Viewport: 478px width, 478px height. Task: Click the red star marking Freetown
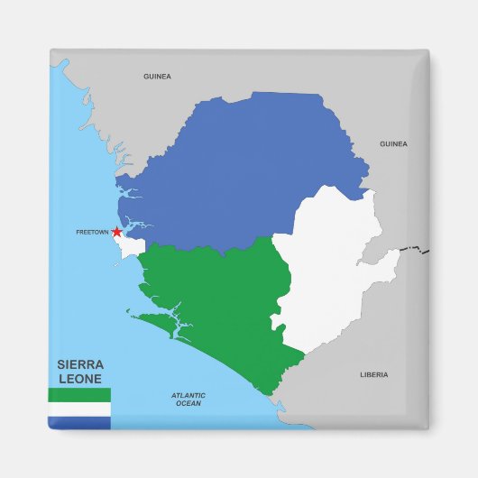[x=116, y=232]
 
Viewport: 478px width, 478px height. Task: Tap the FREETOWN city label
[x=92, y=232]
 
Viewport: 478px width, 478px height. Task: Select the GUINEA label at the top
[x=157, y=77]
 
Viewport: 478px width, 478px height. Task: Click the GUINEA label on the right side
[x=393, y=143]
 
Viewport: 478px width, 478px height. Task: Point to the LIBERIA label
[x=373, y=374]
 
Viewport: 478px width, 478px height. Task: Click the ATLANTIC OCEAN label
[x=188, y=400]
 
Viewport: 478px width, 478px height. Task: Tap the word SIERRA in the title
[x=79, y=365]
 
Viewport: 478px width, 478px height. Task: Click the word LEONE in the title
[x=79, y=380]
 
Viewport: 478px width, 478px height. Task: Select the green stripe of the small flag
[x=79, y=395]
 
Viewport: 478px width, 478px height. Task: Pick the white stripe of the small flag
[x=79, y=409]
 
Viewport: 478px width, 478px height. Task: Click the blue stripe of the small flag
[x=79, y=422]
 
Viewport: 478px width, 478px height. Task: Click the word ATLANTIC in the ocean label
[x=188, y=395]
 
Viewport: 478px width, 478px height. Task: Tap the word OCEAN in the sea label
[x=188, y=404]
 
